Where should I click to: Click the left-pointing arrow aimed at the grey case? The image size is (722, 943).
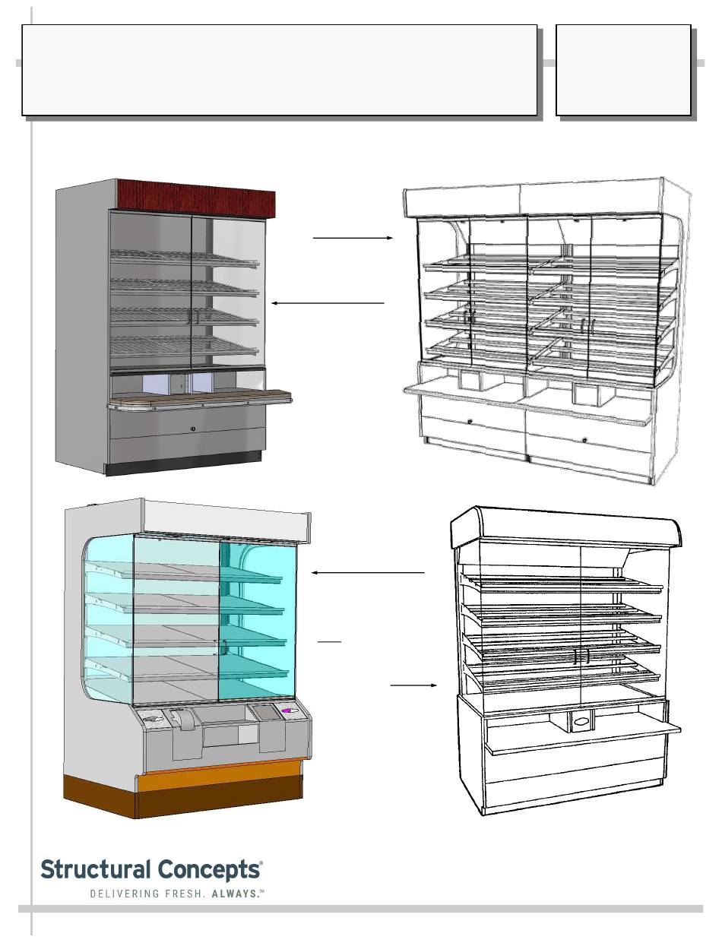(x=328, y=302)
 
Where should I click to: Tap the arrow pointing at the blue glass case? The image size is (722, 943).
(x=368, y=572)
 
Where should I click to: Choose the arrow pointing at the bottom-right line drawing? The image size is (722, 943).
(x=414, y=685)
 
